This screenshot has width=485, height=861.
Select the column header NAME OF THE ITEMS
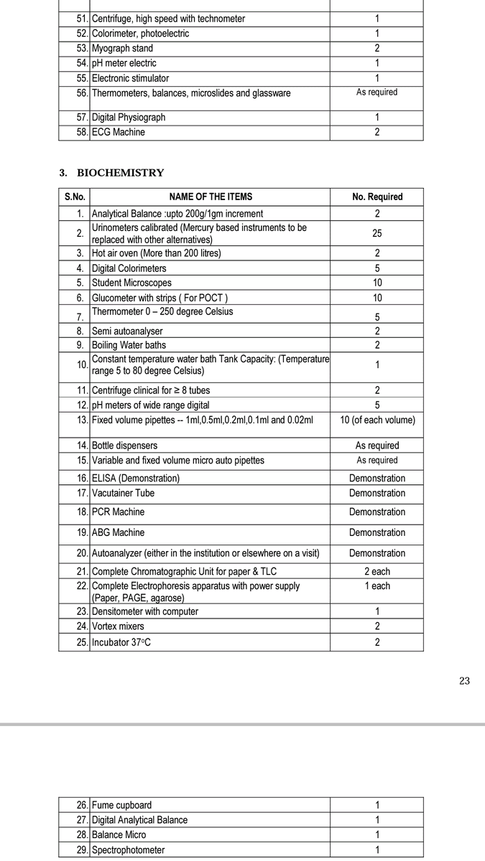(x=211, y=197)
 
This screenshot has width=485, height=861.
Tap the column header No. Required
(x=377, y=197)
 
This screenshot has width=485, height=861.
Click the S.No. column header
(x=75, y=197)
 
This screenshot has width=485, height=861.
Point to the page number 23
(x=464, y=681)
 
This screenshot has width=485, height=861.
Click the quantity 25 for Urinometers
(x=377, y=234)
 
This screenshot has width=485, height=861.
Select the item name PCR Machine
(x=118, y=512)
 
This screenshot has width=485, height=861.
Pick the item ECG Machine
(x=118, y=132)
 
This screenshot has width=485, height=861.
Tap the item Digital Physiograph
(x=129, y=117)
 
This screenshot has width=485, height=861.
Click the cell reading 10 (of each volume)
(x=377, y=420)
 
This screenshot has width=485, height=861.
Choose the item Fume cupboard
(x=121, y=805)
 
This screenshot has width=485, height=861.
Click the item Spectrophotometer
(x=128, y=850)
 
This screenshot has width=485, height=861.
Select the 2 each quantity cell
(x=377, y=572)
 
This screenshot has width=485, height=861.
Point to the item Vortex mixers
(x=118, y=626)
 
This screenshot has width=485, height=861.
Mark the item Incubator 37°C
(x=121, y=642)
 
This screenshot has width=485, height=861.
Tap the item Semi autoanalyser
(x=127, y=331)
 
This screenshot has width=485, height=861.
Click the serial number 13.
(x=82, y=420)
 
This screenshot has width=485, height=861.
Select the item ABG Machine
(x=118, y=533)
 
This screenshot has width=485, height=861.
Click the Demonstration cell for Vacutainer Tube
(x=377, y=494)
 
